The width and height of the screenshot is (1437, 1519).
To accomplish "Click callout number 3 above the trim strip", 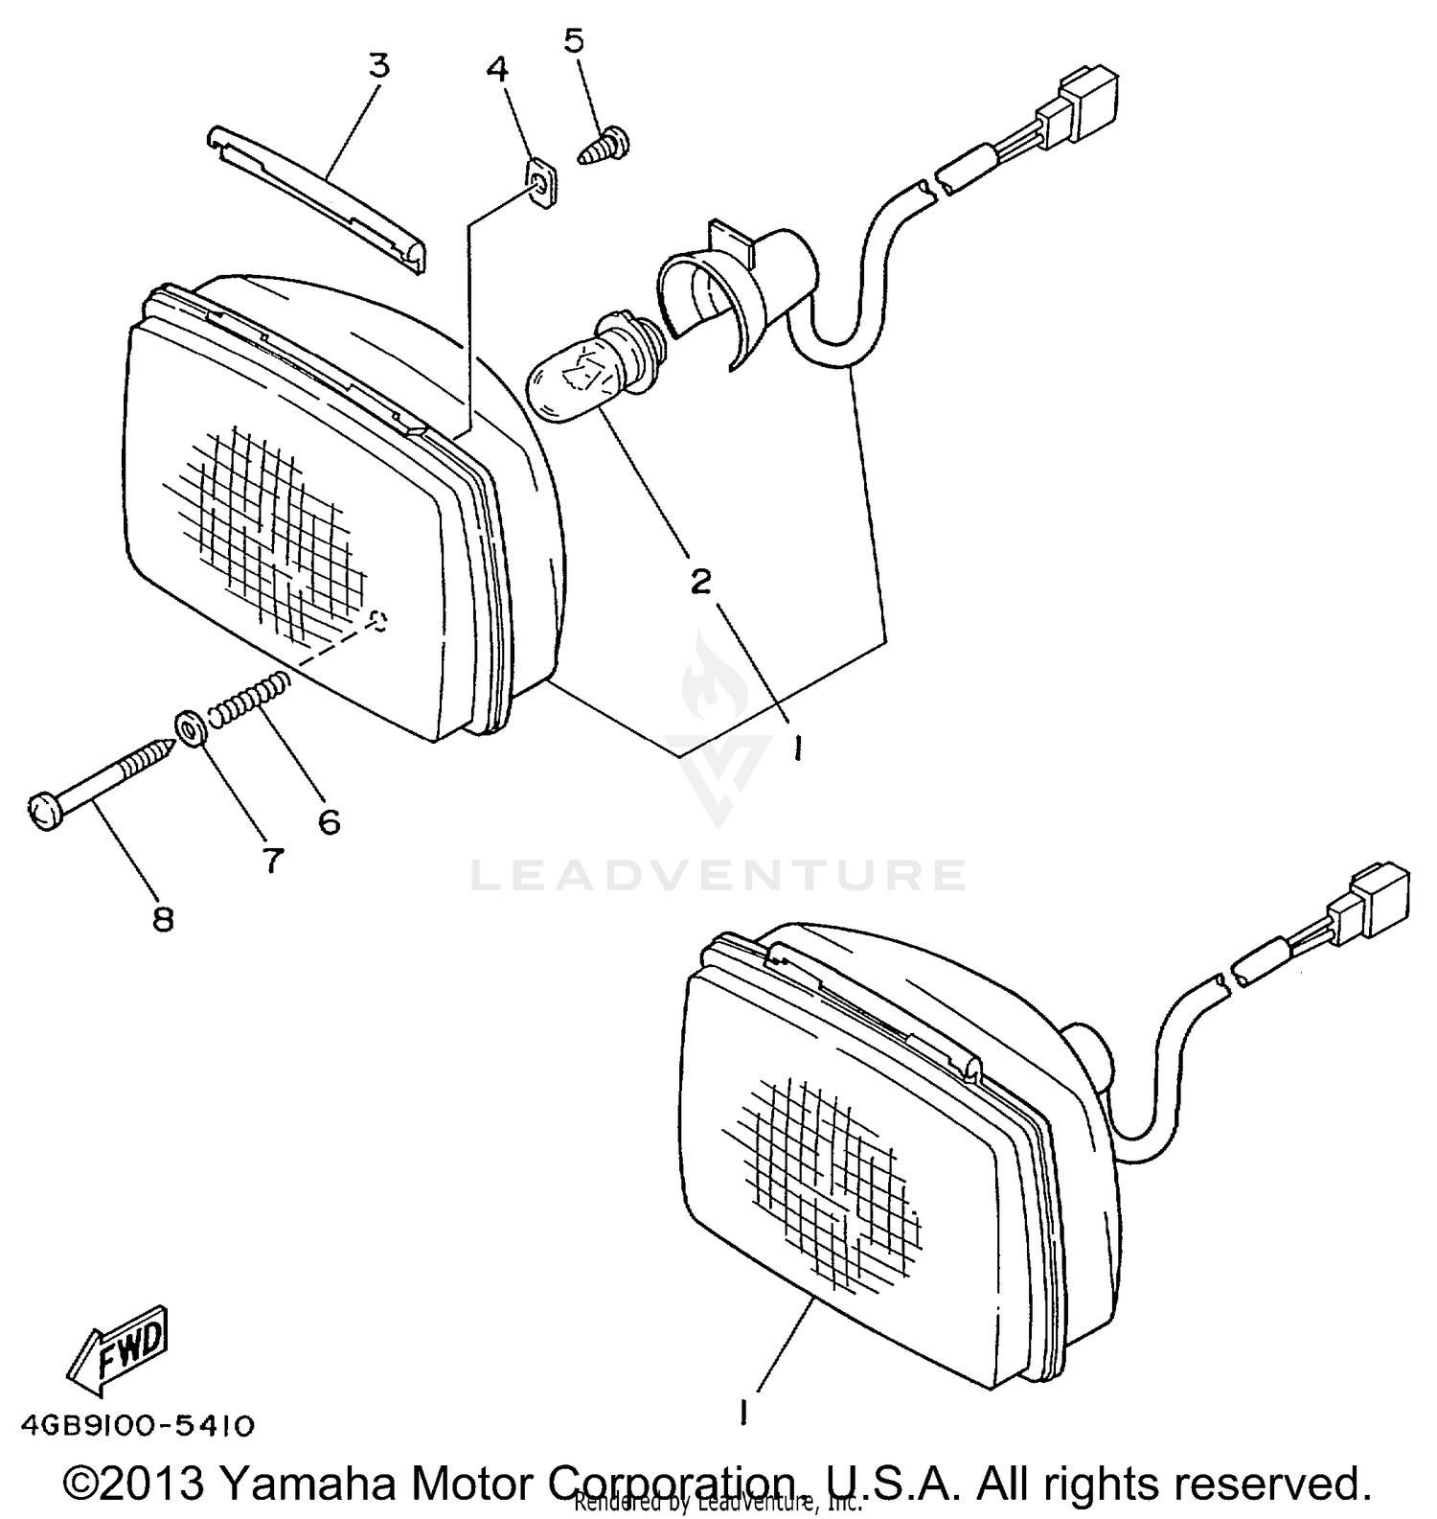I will [379, 66].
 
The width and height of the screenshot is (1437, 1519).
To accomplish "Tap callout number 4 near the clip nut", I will [498, 69].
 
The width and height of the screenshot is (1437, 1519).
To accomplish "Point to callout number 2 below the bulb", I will [702, 581].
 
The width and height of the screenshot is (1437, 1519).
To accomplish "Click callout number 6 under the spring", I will [329, 821].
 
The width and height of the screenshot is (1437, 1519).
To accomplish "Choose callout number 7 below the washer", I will [273, 861].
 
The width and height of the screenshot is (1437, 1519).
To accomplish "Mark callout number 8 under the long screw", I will [163, 920].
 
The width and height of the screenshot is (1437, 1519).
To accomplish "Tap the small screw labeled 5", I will [603, 149].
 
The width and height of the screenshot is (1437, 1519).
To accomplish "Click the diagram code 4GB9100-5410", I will [137, 1426].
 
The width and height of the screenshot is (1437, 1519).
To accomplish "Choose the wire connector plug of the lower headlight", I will [1378, 899].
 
